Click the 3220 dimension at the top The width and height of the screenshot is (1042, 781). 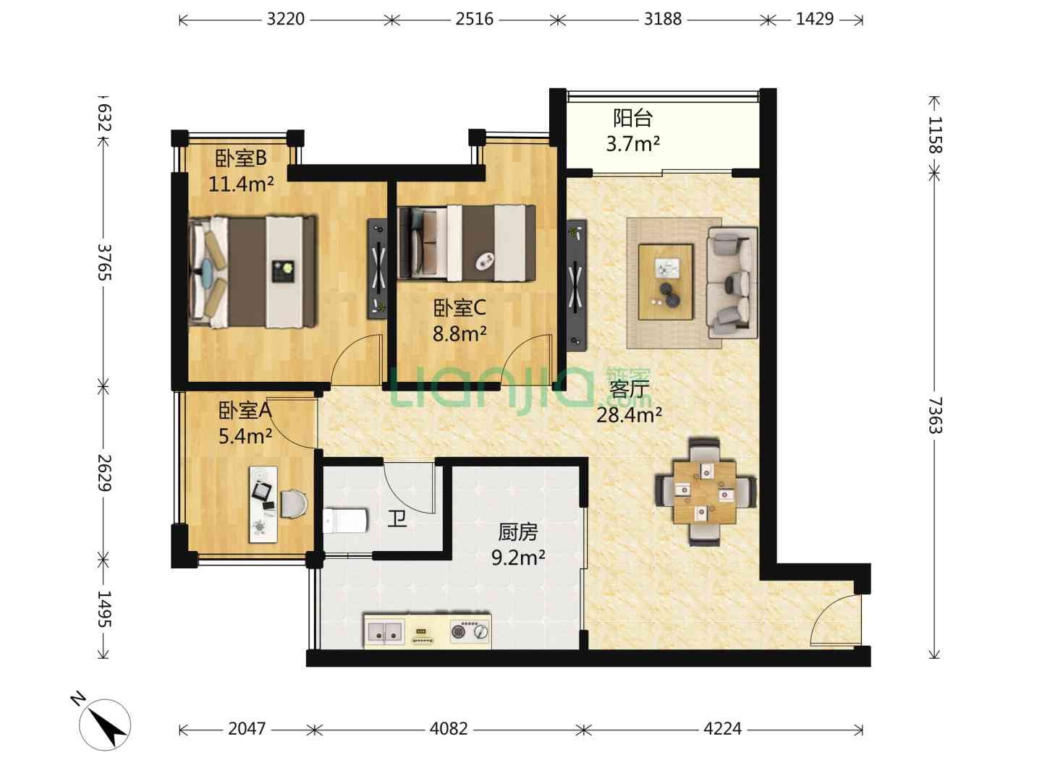coord(285,19)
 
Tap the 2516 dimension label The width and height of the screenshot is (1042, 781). coord(474,19)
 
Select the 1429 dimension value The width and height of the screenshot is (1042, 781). coord(814,19)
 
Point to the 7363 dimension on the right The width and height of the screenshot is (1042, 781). coord(935,415)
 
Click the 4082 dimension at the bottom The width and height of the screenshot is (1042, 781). coord(448,728)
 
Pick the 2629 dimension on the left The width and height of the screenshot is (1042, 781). coord(105,473)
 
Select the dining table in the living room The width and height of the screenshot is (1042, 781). coord(705,492)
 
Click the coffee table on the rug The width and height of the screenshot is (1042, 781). coord(665,282)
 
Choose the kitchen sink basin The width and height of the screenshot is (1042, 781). coord(385,631)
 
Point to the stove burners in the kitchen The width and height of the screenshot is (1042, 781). coord(469,631)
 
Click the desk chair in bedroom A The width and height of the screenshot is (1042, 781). coord(294,503)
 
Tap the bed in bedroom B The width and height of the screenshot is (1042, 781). coord(252,272)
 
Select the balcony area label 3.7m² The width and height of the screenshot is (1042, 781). coord(632,143)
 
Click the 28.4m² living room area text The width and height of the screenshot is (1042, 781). coord(629,415)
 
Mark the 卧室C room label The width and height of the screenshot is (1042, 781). coord(459,308)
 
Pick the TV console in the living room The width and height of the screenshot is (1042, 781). coord(576,284)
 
